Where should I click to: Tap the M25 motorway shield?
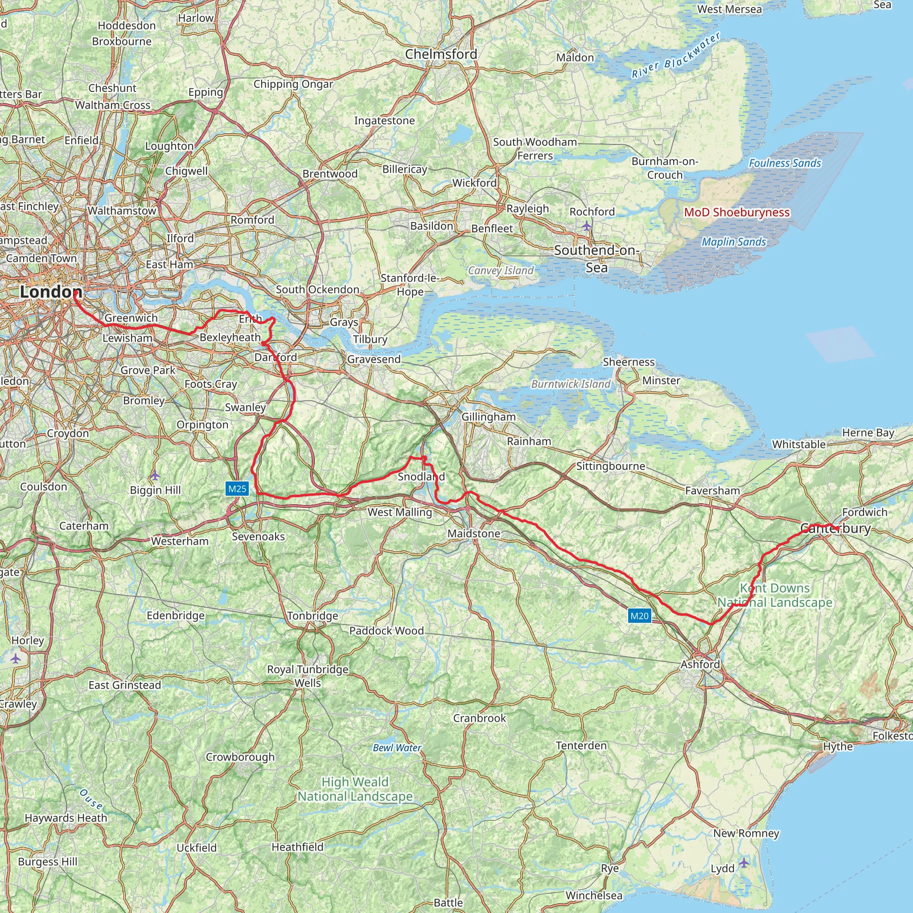click(x=237, y=489)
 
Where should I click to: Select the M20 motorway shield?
click(x=639, y=616)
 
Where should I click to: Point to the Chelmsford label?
click(x=441, y=54)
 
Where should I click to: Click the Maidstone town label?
click(x=473, y=534)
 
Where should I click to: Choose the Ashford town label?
click(x=700, y=664)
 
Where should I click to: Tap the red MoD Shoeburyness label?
click(x=737, y=212)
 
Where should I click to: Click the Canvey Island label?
click(x=501, y=270)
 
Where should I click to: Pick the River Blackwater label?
click(x=676, y=55)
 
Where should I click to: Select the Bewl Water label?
click(x=396, y=748)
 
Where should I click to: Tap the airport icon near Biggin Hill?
click(x=155, y=475)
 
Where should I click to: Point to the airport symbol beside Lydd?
click(x=744, y=863)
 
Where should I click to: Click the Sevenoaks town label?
click(x=258, y=536)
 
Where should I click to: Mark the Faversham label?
click(x=712, y=490)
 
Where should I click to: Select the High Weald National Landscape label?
click(x=355, y=789)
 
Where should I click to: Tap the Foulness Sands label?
click(x=785, y=163)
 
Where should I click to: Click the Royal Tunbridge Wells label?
click(x=308, y=676)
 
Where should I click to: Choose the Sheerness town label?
click(x=629, y=362)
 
